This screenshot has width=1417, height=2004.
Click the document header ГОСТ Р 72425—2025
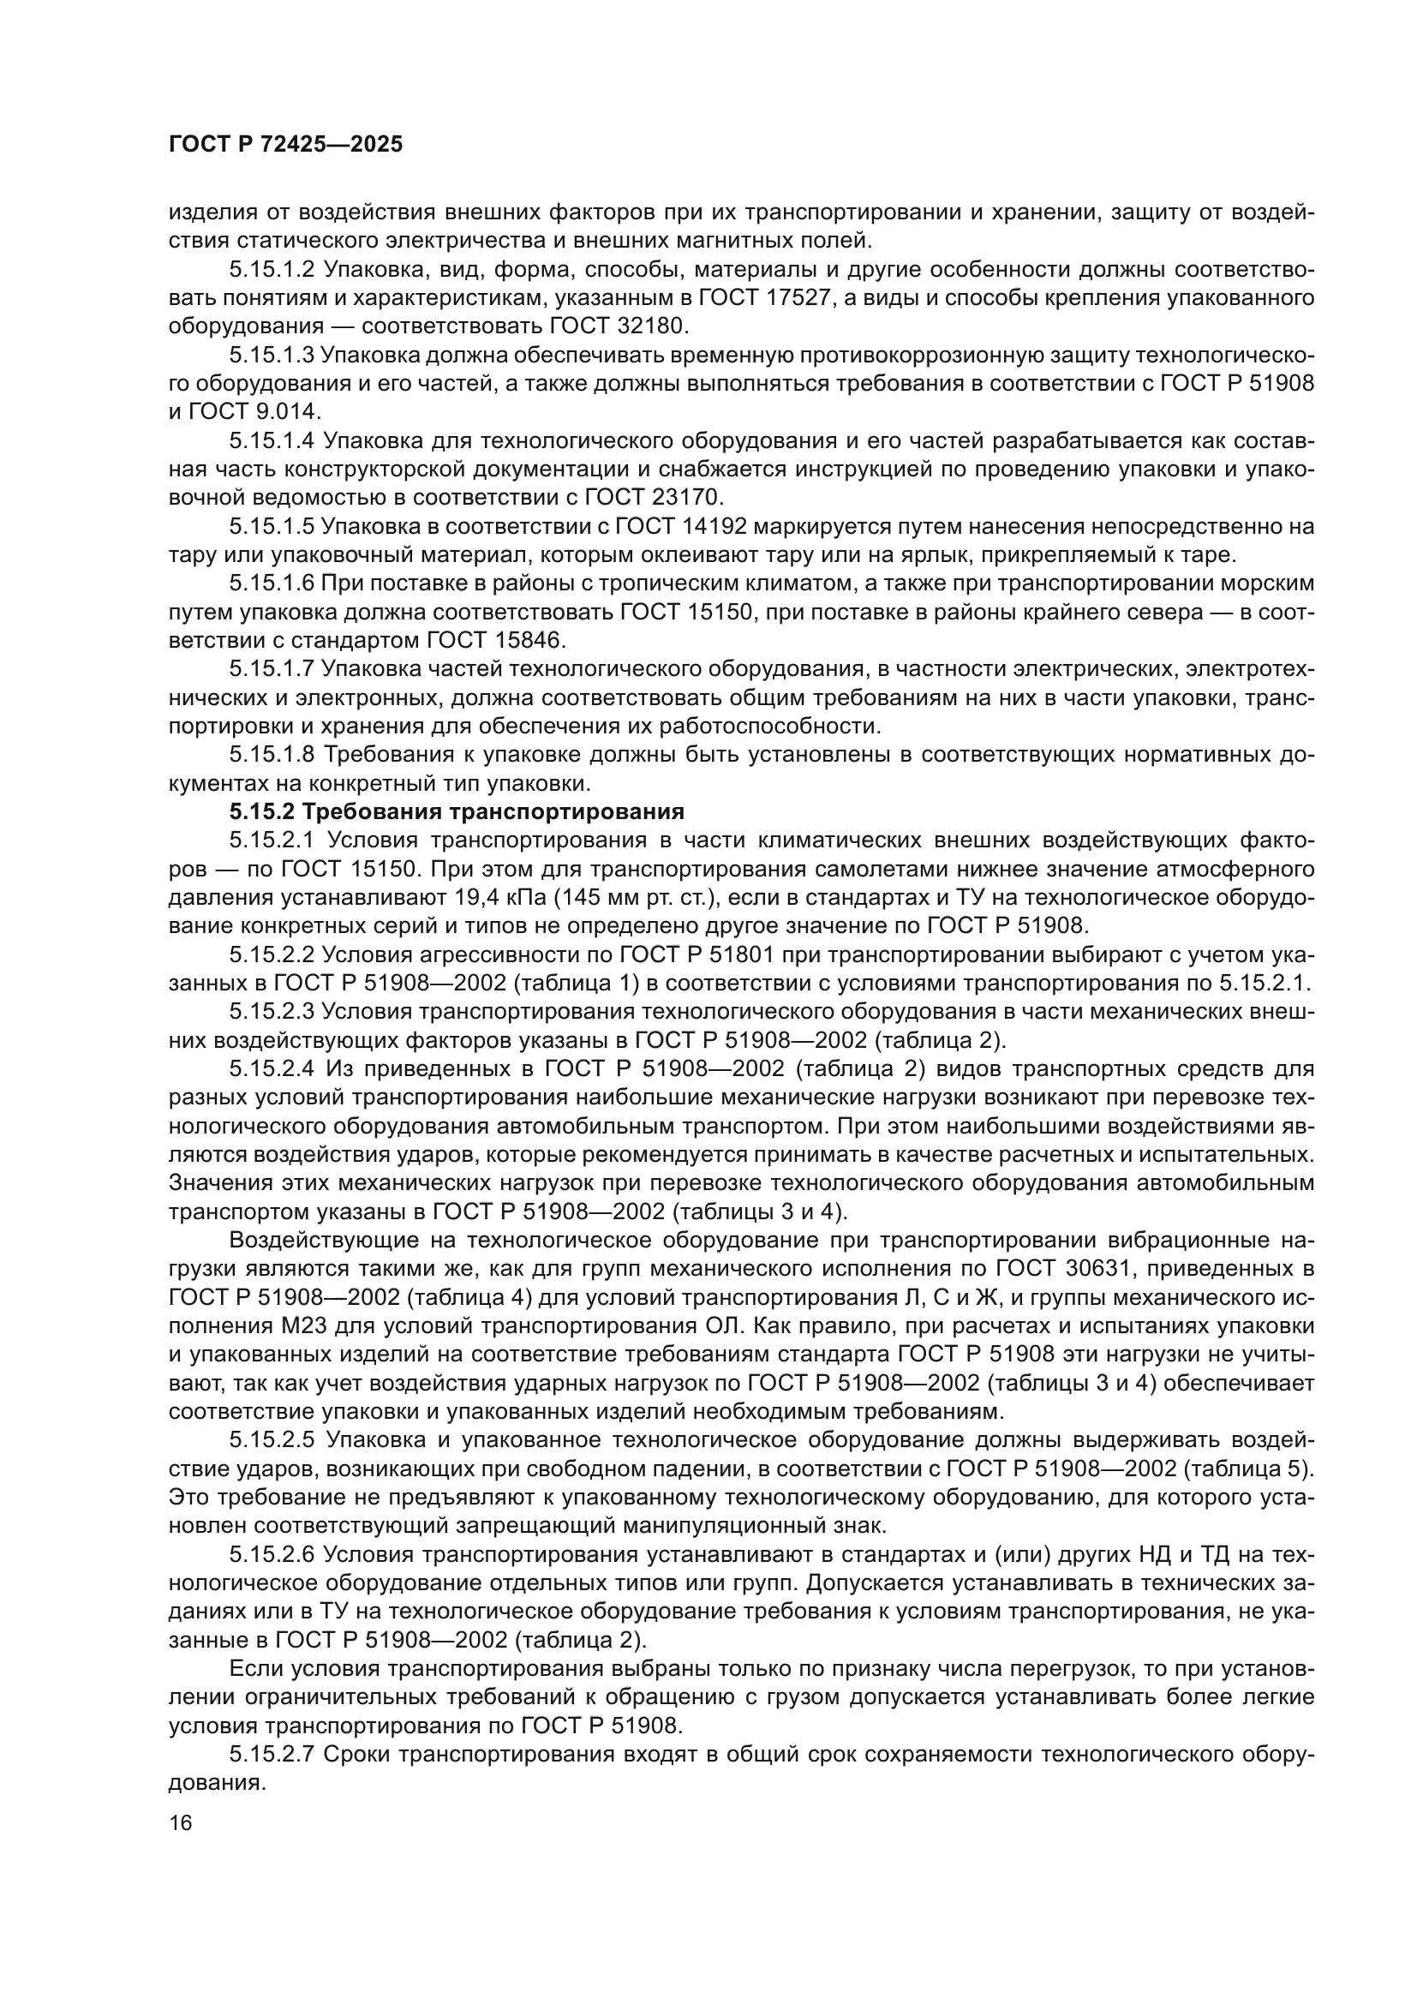click(x=285, y=145)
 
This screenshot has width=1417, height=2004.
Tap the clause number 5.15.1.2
click(x=271, y=270)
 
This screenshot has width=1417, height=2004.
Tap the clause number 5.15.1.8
click(x=271, y=754)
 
